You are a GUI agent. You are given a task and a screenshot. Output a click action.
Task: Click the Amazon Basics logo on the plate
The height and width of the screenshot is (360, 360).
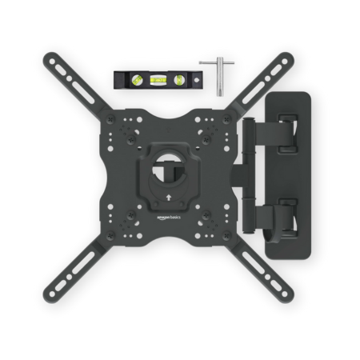(169, 218)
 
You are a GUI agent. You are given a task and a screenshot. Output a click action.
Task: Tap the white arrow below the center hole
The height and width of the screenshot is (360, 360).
(169, 198)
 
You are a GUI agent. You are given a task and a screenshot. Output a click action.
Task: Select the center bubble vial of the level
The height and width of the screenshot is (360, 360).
(158, 79)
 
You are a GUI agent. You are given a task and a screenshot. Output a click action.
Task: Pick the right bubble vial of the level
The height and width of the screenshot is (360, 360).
(178, 79)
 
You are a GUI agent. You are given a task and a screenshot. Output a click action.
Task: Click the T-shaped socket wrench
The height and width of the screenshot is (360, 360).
(218, 75)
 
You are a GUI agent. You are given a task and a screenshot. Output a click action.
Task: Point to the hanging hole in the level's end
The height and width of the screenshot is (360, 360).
(197, 80)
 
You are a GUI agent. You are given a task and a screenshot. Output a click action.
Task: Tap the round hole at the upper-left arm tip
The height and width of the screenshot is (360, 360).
(52, 62)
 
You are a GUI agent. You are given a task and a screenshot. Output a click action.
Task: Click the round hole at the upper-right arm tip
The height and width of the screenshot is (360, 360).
(285, 62)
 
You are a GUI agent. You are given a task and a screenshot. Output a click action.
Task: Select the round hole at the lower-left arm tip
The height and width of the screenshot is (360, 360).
(52, 294)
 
